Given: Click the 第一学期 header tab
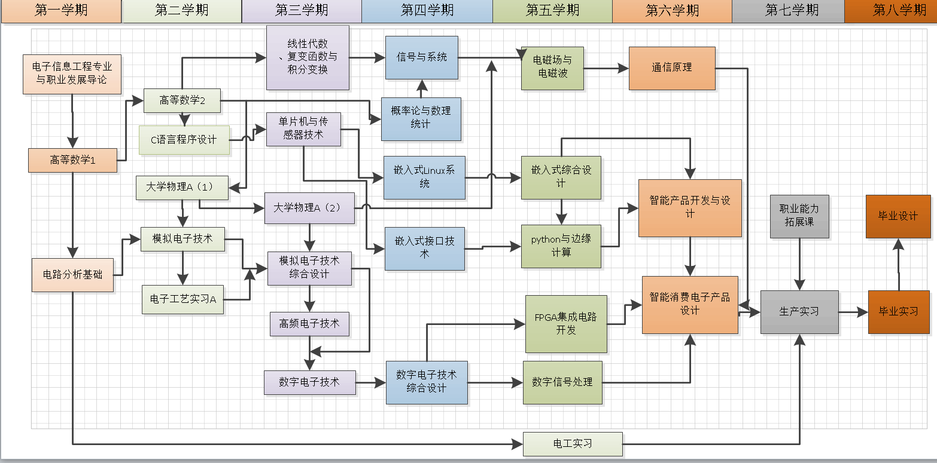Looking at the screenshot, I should (x=62, y=11).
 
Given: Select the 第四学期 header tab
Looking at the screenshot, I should (x=427, y=11).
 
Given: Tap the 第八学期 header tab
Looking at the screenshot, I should (x=891, y=11).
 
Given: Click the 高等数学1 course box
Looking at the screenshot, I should (x=72, y=160).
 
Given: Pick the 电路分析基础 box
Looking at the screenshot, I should (x=72, y=275).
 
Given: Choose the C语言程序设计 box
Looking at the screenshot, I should (x=184, y=140).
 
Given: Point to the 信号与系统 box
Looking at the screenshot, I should (x=422, y=57).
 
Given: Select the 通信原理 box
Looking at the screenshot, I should (x=672, y=68).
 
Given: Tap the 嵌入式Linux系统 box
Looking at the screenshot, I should (x=424, y=177).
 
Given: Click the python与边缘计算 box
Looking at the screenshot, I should (x=561, y=246).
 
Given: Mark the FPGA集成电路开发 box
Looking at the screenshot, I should (x=565, y=324).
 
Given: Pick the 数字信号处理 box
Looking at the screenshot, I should (x=562, y=382).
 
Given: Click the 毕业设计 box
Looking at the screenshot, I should (x=898, y=216).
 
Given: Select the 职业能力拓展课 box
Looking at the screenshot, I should (x=799, y=216).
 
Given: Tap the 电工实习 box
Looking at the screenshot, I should (x=573, y=444).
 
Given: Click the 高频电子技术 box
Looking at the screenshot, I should (x=309, y=324).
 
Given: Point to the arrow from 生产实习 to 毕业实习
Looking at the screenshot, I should (x=853, y=312).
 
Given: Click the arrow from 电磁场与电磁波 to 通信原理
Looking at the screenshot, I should (x=606, y=69).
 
